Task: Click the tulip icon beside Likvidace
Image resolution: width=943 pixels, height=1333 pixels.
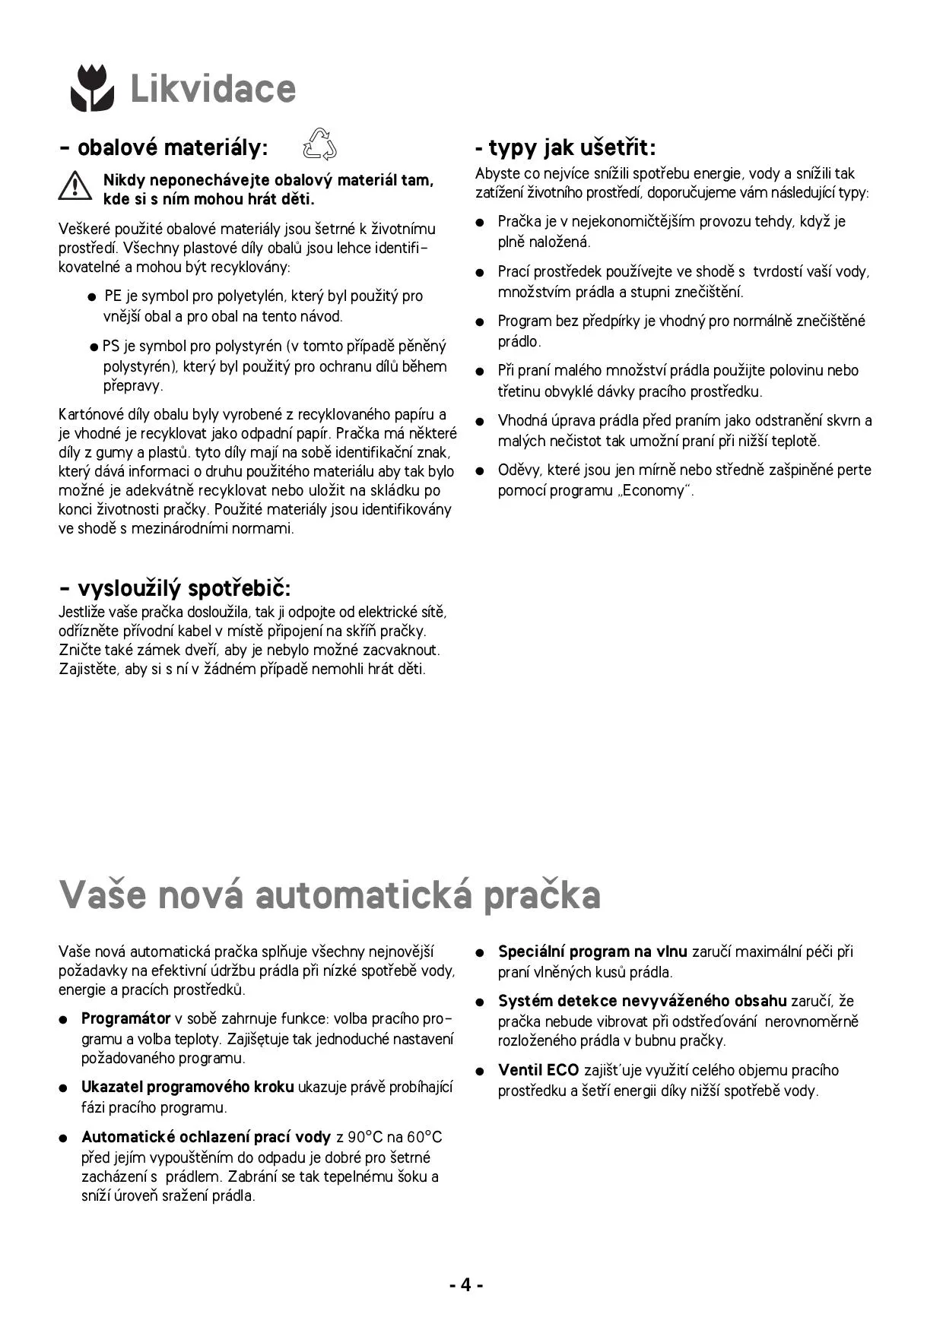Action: (92, 88)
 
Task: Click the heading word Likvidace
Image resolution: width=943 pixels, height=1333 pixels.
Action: (213, 89)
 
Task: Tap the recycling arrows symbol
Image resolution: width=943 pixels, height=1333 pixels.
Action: (319, 144)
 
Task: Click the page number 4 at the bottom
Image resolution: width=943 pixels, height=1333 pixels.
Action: (466, 1284)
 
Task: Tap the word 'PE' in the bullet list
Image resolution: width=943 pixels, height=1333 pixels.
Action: (113, 296)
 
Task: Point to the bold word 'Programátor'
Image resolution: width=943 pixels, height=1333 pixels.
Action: (125, 1018)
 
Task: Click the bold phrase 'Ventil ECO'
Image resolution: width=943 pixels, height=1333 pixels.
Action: (538, 1070)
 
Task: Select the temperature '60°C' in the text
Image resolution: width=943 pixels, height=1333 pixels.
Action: (424, 1138)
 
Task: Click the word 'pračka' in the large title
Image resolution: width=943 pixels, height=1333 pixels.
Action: (541, 894)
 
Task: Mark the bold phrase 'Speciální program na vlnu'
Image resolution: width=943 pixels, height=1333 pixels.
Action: (592, 951)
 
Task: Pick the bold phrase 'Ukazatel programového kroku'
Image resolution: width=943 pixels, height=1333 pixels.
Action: (187, 1088)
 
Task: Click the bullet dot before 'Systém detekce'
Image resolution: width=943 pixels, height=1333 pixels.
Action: (480, 1002)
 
